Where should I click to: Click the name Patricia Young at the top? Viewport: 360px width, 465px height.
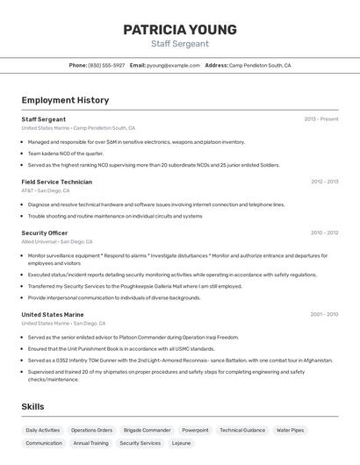click(x=179, y=29)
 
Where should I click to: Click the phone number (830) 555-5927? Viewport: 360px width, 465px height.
click(x=106, y=65)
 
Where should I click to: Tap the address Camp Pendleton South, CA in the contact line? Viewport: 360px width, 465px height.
click(x=260, y=65)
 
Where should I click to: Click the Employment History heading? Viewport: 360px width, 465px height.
click(x=65, y=100)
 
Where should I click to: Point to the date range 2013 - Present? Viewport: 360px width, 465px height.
click(x=320, y=119)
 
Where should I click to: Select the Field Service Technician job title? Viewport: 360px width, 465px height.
click(x=56, y=182)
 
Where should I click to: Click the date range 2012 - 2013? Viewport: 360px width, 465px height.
click(x=324, y=182)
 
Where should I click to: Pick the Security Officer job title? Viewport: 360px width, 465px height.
click(x=44, y=232)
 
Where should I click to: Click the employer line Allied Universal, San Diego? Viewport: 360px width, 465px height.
click(x=56, y=241)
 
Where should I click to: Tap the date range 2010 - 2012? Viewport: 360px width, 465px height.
click(x=324, y=233)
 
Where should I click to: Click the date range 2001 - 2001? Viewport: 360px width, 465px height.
click(x=324, y=314)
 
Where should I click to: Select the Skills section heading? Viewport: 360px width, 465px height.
click(x=32, y=406)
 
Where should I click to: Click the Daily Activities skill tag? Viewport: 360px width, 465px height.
click(x=43, y=430)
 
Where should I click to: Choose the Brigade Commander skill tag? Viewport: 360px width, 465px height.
click(x=147, y=430)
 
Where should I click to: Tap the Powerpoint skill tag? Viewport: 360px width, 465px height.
click(x=195, y=430)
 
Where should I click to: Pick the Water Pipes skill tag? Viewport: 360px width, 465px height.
click(x=290, y=430)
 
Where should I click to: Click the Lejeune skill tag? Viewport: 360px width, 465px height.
click(x=181, y=443)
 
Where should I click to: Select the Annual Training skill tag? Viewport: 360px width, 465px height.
click(x=90, y=443)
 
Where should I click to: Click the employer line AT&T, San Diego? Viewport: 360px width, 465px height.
click(x=45, y=190)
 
